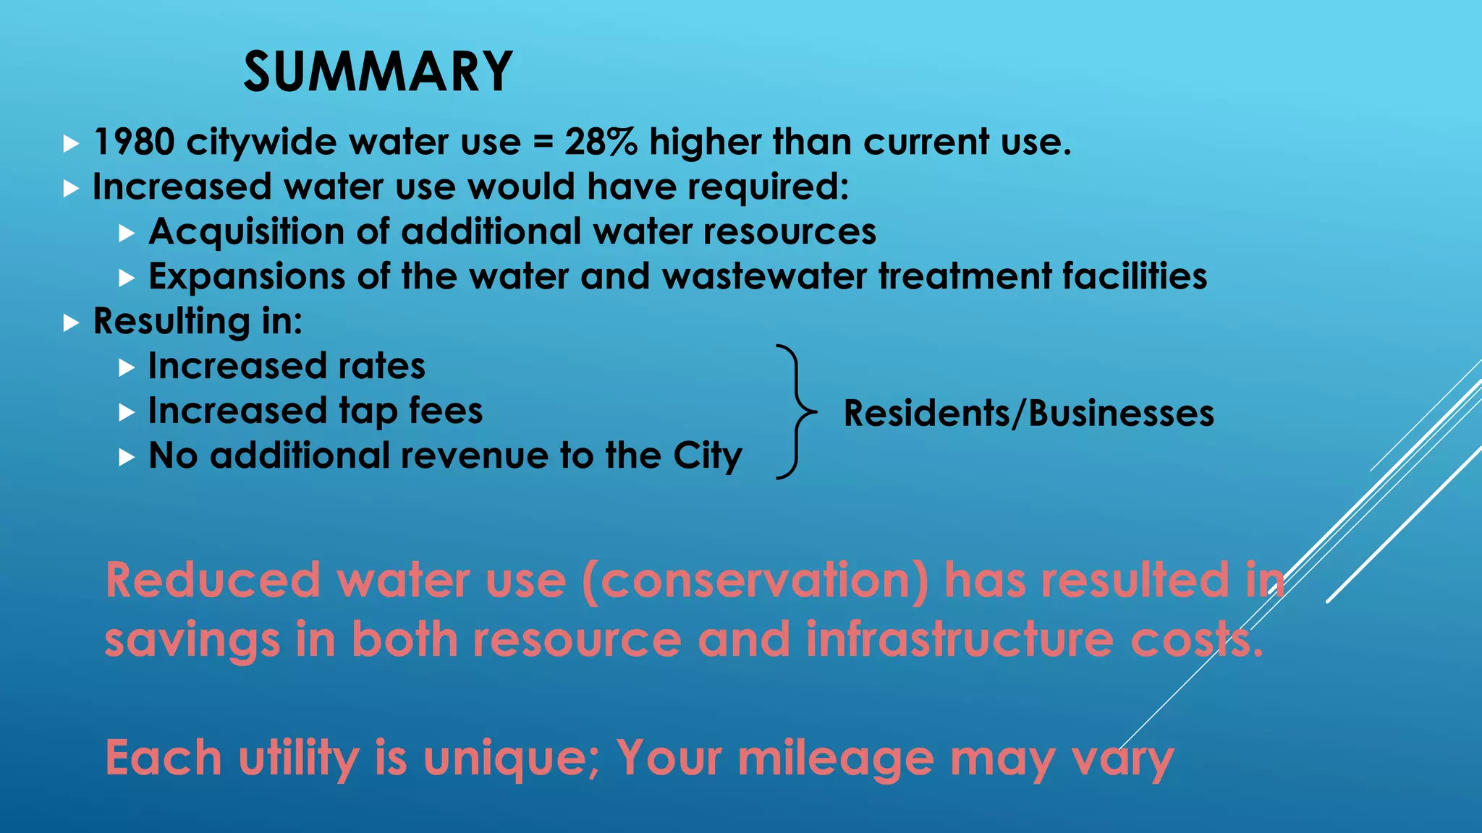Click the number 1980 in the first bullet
(134, 142)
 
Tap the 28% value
(601, 142)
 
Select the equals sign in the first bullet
(543, 142)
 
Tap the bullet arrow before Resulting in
(70, 322)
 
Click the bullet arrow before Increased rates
(127, 367)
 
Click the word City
(708, 456)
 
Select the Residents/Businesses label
(1028, 414)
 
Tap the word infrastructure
(960, 640)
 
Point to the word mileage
(836, 759)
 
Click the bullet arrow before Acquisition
(127, 233)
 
